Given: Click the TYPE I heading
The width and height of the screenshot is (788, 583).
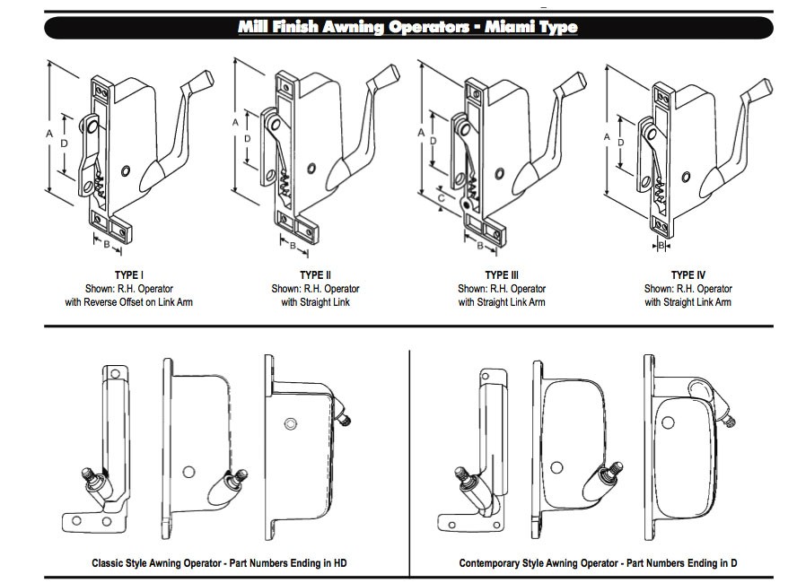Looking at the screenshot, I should tap(129, 274).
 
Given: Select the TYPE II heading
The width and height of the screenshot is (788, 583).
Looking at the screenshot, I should tap(315, 274).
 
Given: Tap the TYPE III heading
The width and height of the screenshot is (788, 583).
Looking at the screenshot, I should tap(502, 274).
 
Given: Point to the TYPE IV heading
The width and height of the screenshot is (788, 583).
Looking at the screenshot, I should tap(687, 274).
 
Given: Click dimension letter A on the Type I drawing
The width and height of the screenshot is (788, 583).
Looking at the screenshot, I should tap(48, 132).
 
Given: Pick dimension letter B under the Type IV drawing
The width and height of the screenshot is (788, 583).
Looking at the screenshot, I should tap(661, 245).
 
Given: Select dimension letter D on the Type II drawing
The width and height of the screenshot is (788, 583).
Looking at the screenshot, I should tap(248, 138).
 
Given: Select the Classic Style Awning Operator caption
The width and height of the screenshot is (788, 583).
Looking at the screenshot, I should tap(219, 563).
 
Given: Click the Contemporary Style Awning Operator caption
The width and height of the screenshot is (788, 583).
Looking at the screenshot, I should tap(598, 563).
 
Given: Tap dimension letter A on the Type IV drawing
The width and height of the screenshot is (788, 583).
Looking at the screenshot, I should tap(608, 137).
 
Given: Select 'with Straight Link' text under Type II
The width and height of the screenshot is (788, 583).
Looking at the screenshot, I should tap(315, 302).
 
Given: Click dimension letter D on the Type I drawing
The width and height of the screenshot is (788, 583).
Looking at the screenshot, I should tap(64, 144).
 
